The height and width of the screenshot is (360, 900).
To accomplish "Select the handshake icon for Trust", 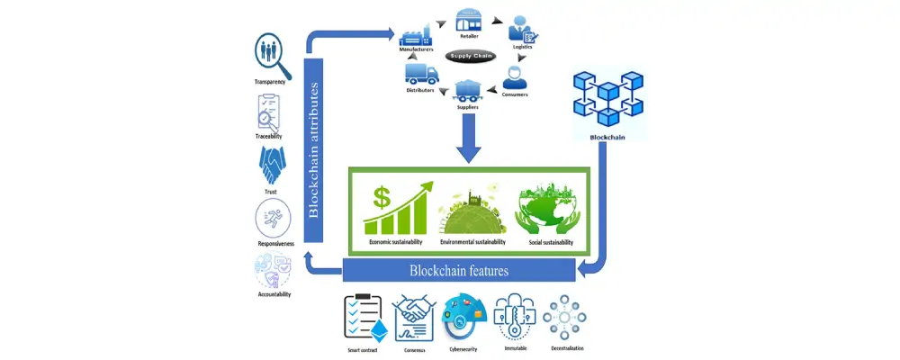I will coord(272,166).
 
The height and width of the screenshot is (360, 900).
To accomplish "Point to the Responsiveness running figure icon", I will coord(272,219).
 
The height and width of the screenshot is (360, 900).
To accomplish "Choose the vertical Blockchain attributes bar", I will coord(314,148).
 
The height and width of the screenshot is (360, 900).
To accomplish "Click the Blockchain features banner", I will coord(459,270).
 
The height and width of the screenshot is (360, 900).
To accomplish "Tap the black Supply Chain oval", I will coord(471,56).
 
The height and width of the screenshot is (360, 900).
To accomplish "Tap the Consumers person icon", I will coord(515,76).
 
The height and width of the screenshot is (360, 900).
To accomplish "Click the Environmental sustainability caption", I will coord(472,242).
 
